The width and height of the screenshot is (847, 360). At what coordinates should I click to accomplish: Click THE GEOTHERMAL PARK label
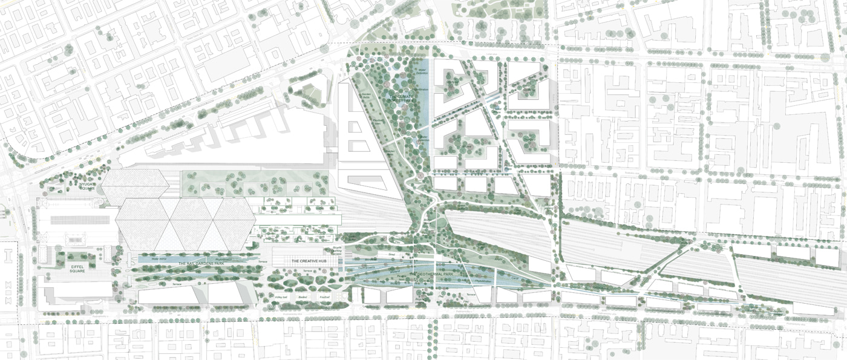[x=431, y=275]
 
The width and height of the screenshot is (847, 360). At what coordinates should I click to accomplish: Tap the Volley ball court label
[x=281, y=296]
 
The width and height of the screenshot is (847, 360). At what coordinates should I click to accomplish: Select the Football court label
[x=325, y=296]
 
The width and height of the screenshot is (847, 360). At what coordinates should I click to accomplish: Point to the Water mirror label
[x=158, y=258]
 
